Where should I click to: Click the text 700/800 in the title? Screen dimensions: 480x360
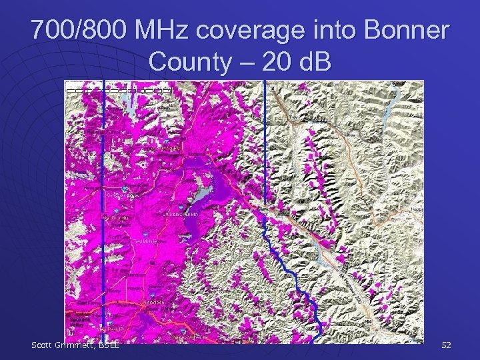pos(79,31)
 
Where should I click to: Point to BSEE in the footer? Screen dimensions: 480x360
pos(108,345)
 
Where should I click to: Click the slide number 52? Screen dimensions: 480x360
pos(446,345)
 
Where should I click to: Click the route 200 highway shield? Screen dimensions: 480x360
pos(369,323)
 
